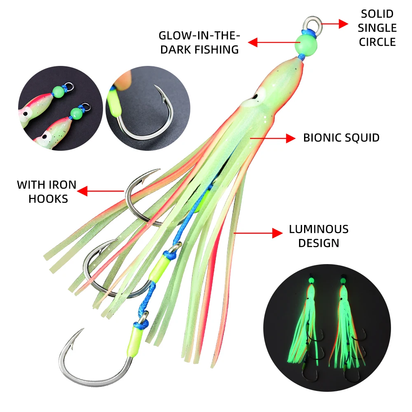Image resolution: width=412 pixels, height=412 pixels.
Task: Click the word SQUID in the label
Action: coord(363,138)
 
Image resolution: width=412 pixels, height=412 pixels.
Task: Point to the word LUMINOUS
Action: coord(318,229)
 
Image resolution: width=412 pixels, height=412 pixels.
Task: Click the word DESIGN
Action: coord(318,243)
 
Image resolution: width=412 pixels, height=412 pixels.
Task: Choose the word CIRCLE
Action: coord(377,42)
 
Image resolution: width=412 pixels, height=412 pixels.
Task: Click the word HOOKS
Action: coord(48,199)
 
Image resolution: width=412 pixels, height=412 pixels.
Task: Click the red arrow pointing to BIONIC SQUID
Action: coord(272,138)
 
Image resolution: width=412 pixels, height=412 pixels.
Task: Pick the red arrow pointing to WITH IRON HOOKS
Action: coord(101,191)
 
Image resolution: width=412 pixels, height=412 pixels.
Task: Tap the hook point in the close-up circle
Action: coord(157,88)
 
